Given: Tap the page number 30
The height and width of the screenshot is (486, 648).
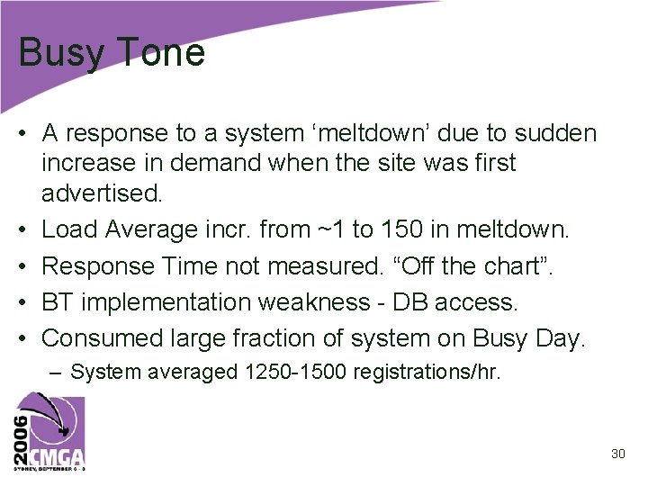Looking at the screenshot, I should point(617,454).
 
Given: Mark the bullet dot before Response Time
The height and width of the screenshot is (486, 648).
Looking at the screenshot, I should point(26,265).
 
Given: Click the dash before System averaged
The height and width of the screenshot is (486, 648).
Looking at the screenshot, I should point(58,372).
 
